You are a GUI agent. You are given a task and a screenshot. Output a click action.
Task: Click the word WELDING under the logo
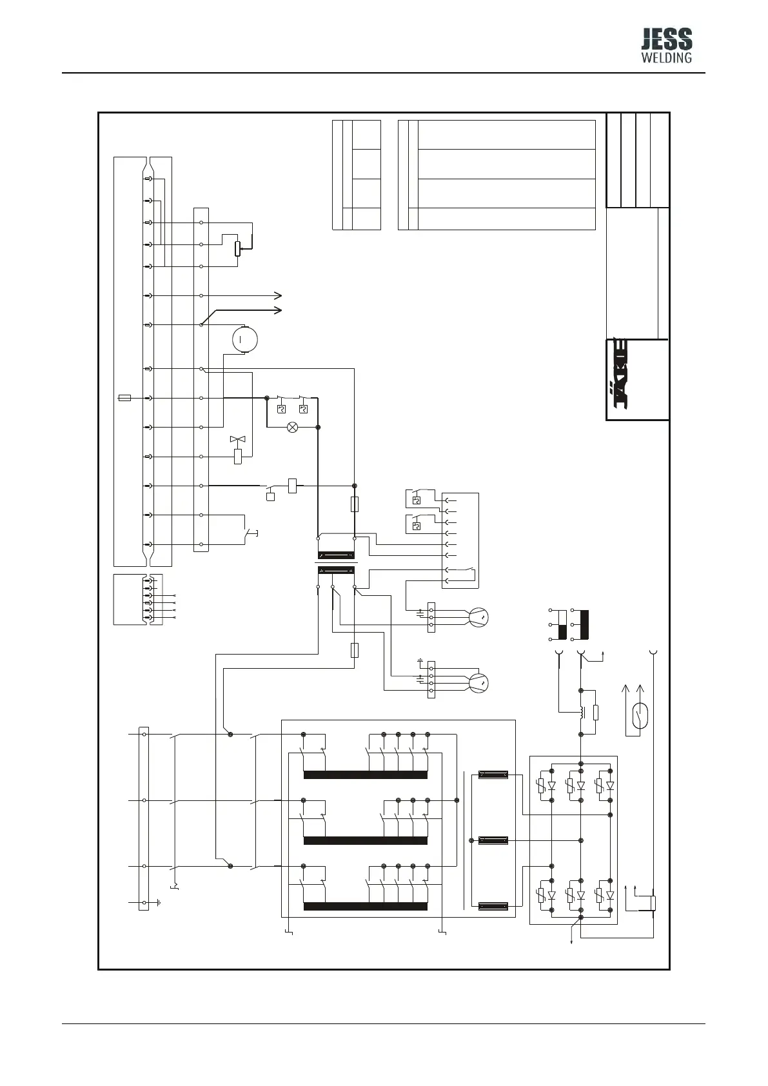[x=667, y=57]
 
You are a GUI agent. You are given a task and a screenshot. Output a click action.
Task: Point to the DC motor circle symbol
[x=244, y=338]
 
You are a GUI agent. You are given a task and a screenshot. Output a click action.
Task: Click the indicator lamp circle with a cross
[x=292, y=427]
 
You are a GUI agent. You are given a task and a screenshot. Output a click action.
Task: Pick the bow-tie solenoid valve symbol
[x=239, y=440]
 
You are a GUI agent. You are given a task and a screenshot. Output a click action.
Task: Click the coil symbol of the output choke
[x=582, y=712]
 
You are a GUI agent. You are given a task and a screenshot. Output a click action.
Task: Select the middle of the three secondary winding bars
[x=493, y=840]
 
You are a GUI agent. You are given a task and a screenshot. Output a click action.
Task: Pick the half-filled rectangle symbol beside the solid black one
[x=562, y=624]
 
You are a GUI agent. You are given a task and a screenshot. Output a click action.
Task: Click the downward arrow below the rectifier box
[x=573, y=943]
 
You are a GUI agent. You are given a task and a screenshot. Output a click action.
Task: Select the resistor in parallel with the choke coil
[x=596, y=713]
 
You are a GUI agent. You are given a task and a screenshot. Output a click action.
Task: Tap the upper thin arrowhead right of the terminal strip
[x=278, y=295]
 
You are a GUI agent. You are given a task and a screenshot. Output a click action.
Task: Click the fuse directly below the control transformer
[x=354, y=649]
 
